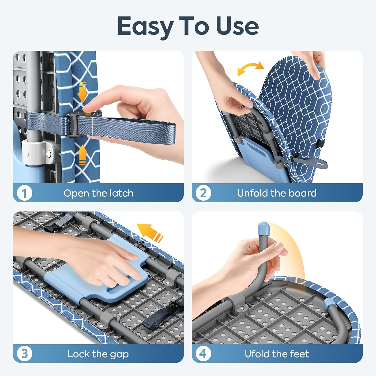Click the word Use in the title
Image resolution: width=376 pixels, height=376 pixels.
point(237,26)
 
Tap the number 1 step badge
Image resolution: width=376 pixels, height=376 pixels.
point(24,193)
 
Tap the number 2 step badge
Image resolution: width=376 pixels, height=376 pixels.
point(203,193)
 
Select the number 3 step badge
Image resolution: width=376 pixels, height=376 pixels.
point(24,354)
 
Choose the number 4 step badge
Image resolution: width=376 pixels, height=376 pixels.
point(203,354)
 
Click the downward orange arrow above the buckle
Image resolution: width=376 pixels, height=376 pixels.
point(82,92)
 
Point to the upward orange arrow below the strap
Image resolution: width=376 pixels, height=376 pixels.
point(82,155)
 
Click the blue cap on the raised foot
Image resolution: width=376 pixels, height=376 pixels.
point(263,228)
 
